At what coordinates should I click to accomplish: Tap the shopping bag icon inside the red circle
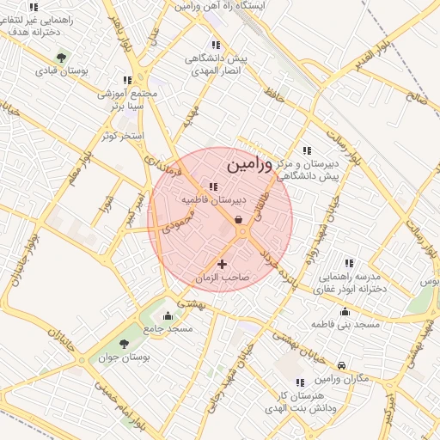(x=238, y=219)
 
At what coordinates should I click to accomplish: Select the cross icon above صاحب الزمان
(x=223, y=264)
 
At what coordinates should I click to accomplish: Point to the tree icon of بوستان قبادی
(x=60, y=58)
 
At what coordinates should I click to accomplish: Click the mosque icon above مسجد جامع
(x=168, y=315)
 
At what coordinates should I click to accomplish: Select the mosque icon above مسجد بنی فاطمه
(x=345, y=311)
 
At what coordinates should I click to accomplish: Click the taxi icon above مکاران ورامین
(x=342, y=365)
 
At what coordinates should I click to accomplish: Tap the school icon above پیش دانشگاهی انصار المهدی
(x=215, y=45)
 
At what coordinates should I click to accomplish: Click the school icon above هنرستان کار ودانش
(x=300, y=382)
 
